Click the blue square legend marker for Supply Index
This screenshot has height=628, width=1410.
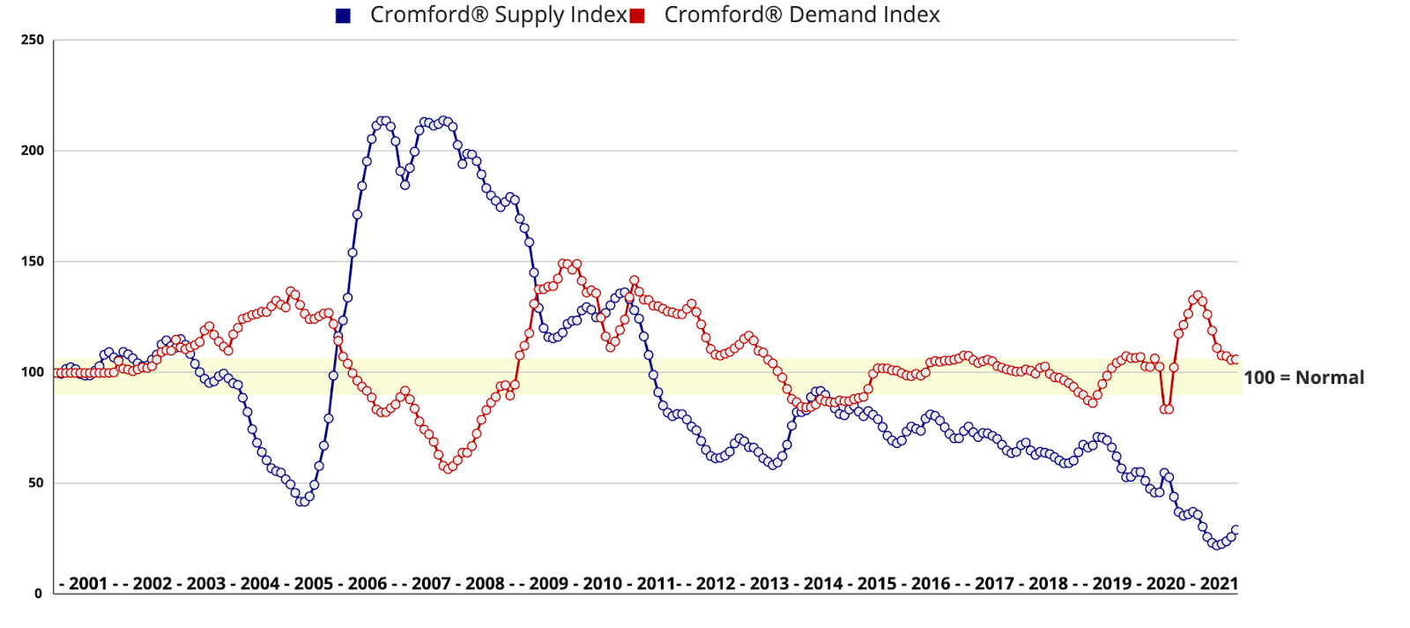344,16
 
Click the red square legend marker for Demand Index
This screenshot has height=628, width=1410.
637,16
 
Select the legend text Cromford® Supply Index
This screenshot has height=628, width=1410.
498,15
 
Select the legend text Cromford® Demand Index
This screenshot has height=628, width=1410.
801,15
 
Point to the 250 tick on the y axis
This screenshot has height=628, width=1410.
33,40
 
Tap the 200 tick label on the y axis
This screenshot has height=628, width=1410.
33,151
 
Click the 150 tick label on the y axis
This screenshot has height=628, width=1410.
33,262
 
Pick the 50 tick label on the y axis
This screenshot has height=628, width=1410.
35,483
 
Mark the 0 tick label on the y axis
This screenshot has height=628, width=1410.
38,594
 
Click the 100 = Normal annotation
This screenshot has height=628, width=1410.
1303,378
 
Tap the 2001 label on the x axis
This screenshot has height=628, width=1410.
88,584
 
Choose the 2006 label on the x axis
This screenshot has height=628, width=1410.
367,584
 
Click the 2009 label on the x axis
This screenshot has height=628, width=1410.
548,584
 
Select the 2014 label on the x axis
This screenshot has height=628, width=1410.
823,584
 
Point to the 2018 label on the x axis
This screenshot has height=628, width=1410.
1048,584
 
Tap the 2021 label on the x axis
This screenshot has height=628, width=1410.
1219,584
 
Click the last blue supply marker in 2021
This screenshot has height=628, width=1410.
1236,530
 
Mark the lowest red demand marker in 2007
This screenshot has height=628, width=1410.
448,468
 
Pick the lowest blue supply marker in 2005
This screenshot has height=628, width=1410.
302,502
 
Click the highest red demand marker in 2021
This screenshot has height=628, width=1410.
1197,296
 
